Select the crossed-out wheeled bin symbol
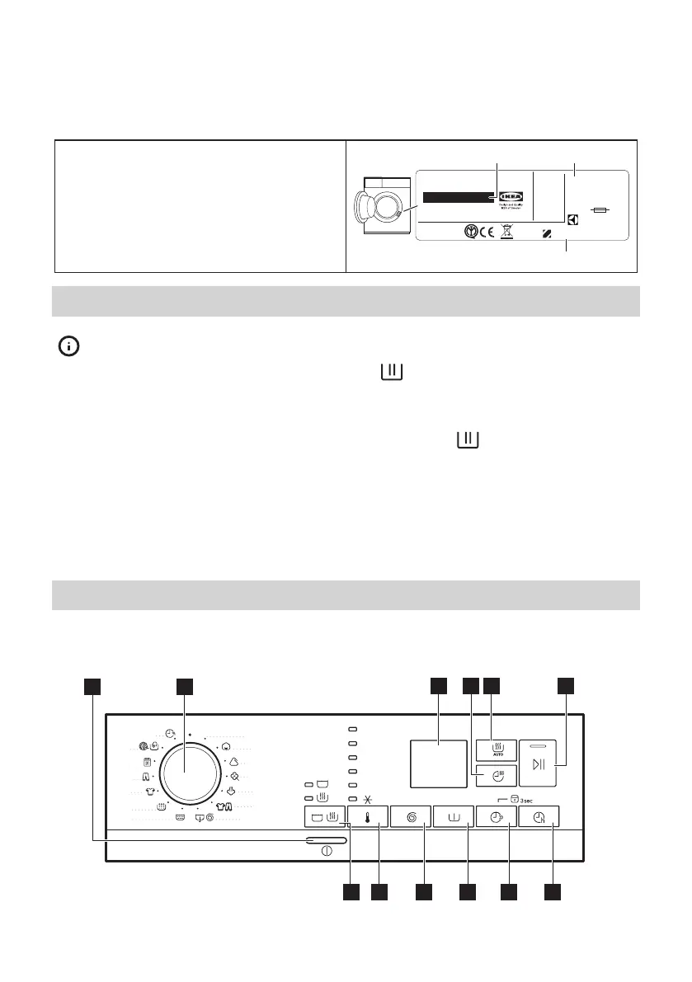(506, 233)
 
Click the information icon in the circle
(68, 347)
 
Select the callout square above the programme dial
(184, 686)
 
